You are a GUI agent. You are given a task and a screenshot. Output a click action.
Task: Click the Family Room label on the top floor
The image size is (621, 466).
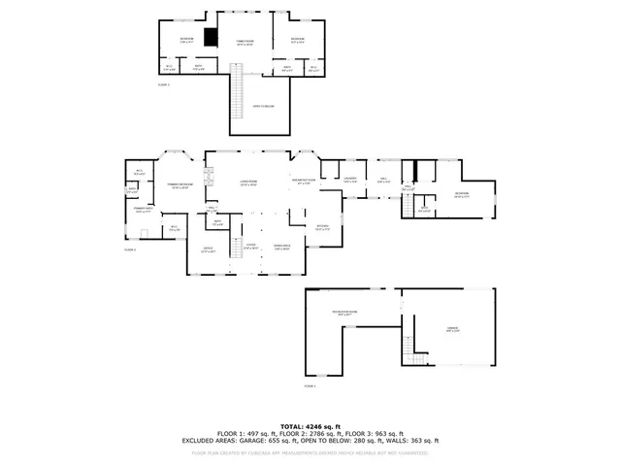pyautogui.click(x=245, y=43)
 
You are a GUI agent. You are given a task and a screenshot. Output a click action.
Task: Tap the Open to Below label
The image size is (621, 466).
pyautogui.click(x=263, y=106)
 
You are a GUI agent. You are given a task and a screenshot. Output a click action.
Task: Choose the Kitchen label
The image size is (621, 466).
pyautogui.click(x=324, y=228)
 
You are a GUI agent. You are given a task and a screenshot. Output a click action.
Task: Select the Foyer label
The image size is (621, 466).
pyautogui.click(x=250, y=246)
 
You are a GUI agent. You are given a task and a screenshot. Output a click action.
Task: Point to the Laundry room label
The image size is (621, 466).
pyautogui.click(x=350, y=178)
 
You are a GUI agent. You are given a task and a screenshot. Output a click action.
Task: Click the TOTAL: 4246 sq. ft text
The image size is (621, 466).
pyautogui.click(x=310, y=426)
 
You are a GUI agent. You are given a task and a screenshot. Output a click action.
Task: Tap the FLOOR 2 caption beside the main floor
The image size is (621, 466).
pyautogui.click(x=129, y=250)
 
